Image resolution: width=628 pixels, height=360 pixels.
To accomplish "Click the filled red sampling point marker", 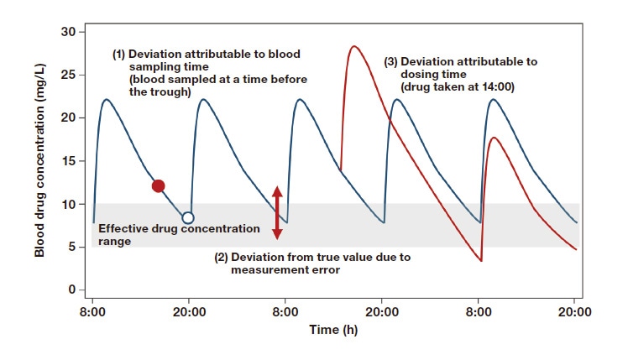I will point(158,185).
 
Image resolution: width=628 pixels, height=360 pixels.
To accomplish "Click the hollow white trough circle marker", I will point(188,217).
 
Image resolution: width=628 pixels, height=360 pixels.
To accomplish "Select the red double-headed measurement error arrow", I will point(278,213).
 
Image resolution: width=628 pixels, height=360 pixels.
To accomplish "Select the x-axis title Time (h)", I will point(332,330).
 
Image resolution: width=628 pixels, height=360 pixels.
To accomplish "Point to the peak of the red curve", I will point(354,46).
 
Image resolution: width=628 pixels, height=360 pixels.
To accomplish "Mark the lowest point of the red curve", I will point(481,262).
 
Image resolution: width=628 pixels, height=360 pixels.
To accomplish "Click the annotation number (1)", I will point(120,54).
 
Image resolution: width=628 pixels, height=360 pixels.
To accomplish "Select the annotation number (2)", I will point(224,257).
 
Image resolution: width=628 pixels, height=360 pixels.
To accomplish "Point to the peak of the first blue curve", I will point(107,99).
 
